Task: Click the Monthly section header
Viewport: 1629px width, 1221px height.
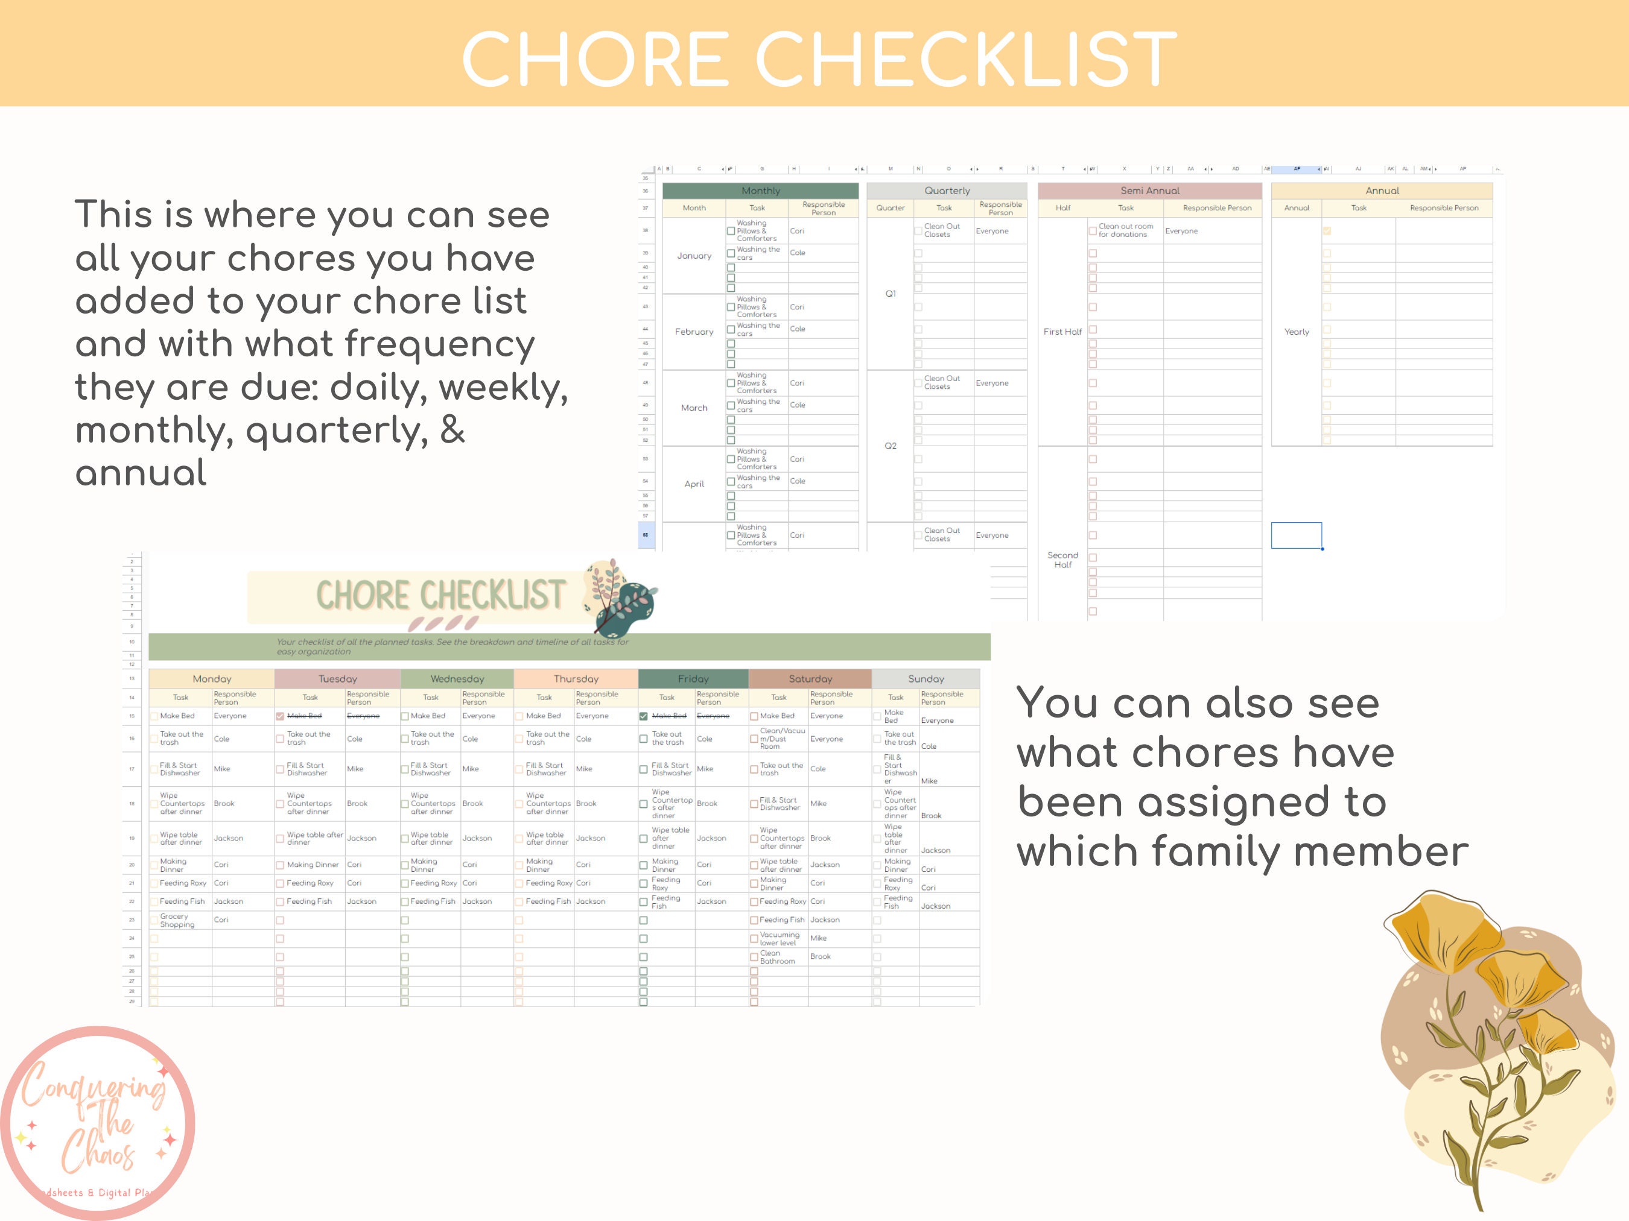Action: coord(760,191)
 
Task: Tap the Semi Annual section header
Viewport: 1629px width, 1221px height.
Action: coord(1149,191)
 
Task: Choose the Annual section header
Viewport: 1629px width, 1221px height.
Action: coord(1382,191)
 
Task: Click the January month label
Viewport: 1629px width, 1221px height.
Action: coord(694,256)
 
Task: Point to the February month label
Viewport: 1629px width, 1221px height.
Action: coord(694,332)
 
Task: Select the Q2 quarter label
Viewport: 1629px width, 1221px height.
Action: coord(891,446)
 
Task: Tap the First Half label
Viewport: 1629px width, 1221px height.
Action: coord(1062,332)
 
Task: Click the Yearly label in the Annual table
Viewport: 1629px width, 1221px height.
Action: coord(1296,332)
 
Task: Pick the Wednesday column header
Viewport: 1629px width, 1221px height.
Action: coord(457,678)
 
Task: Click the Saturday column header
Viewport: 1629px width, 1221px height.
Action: coord(810,678)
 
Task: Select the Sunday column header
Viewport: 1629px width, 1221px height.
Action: coord(926,678)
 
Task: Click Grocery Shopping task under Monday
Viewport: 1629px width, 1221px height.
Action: coord(177,920)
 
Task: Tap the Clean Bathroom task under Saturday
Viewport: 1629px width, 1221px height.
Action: coord(777,957)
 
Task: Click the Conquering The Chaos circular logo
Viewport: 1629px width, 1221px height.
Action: coord(98,1122)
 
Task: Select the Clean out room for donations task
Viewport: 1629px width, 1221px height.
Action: coord(1125,230)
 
